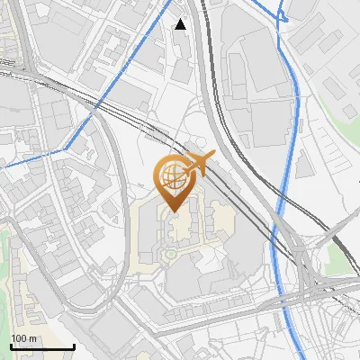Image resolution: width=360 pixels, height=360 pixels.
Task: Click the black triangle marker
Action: click(x=181, y=24)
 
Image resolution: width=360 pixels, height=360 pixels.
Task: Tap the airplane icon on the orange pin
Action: click(x=199, y=165)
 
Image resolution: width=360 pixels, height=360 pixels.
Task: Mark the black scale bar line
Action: click(x=41, y=346)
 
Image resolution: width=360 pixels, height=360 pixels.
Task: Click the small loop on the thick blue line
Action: click(x=283, y=15)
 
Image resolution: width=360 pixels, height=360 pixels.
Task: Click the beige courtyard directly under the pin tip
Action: click(x=176, y=225)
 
